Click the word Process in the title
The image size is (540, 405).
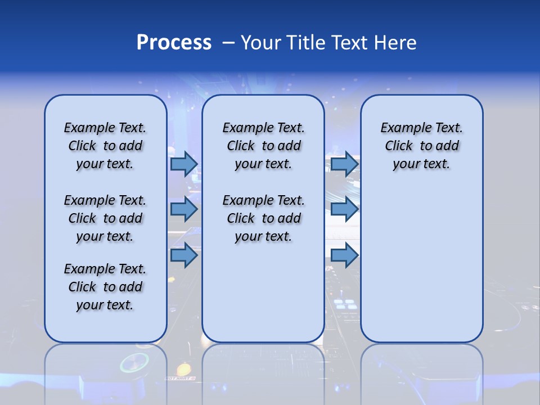[x=174, y=43]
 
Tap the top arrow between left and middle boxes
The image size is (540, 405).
[x=184, y=164]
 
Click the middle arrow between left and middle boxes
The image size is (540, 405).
[x=184, y=209]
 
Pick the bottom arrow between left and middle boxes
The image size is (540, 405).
[x=184, y=255]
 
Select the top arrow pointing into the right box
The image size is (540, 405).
[x=344, y=164]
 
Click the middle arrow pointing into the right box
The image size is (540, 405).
[x=344, y=209]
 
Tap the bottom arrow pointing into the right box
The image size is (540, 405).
[x=344, y=255]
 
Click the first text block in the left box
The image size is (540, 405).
[x=105, y=146]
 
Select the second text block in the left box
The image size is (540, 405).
[x=105, y=218]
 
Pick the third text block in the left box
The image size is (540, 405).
[x=105, y=287]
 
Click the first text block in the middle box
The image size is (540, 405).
[x=263, y=146]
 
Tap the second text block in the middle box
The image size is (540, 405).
[x=263, y=218]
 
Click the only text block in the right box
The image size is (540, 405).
[x=421, y=146]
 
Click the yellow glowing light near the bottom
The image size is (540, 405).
[x=183, y=370]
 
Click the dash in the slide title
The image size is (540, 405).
[x=228, y=43]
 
